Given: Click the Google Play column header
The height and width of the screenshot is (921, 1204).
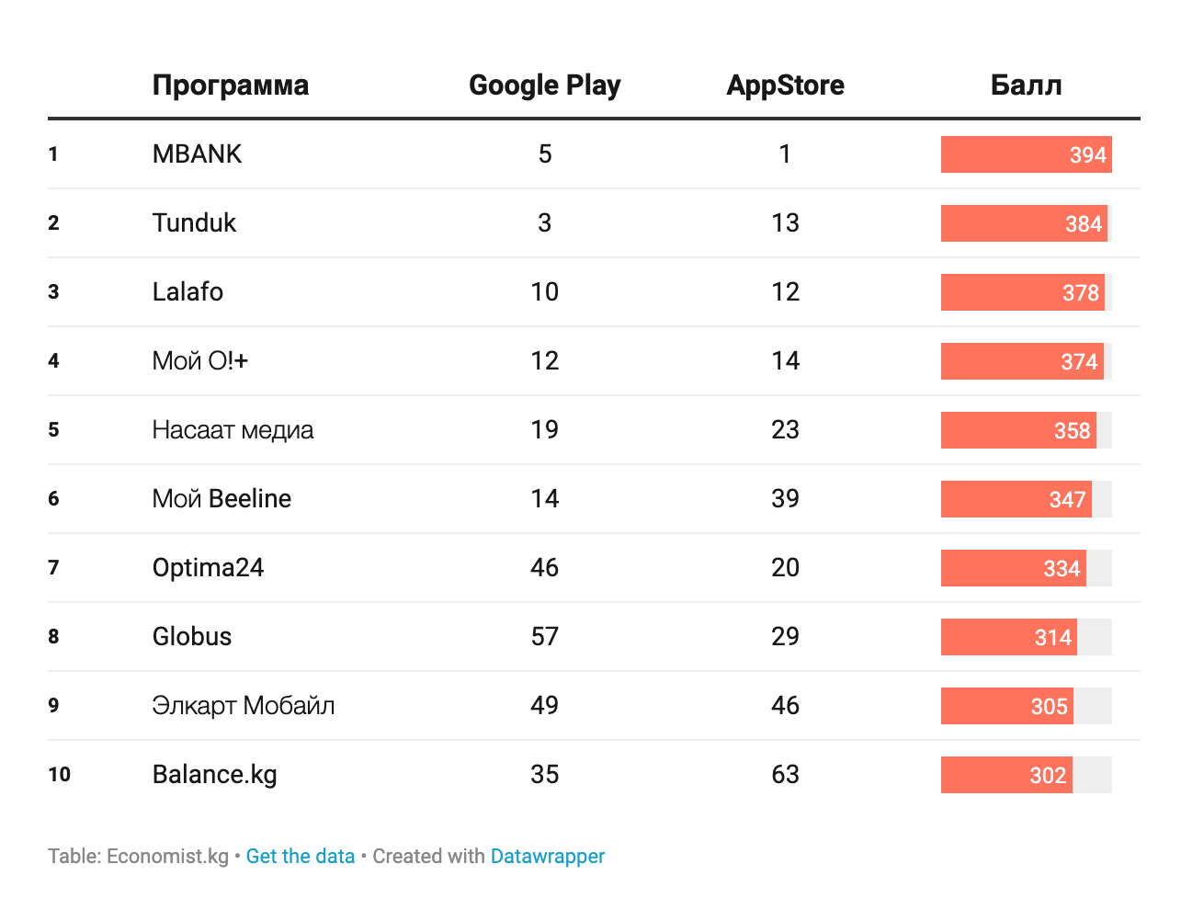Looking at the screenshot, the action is coord(544,85).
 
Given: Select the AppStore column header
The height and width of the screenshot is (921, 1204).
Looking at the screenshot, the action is coord(785,85).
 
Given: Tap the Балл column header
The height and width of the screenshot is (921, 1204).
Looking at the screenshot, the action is coord(1026,85).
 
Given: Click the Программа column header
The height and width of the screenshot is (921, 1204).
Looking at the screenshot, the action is coord(231,86).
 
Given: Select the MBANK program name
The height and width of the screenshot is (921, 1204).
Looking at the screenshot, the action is coord(197,154).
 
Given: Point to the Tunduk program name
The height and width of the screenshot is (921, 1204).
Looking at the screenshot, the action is coord(194,223).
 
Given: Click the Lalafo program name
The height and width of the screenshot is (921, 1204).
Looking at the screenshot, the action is coord(187,291).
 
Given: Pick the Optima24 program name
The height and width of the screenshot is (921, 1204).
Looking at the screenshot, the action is coord(208,568).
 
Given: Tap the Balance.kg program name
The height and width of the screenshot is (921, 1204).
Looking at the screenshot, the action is coord(214,775).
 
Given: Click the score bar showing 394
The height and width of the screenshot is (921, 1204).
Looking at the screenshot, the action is coord(1026,154).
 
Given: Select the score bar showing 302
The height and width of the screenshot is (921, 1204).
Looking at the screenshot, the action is coord(1006,775).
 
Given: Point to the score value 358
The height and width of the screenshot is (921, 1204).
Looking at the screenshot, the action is coord(1072,430).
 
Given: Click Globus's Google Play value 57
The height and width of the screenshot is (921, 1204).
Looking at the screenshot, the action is coord(544,637).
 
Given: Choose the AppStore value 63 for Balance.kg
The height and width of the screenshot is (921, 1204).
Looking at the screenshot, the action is coord(785,775).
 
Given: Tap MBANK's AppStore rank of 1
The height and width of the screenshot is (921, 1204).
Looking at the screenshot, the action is coord(785,154).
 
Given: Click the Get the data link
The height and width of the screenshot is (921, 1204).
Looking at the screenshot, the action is coord(300,857).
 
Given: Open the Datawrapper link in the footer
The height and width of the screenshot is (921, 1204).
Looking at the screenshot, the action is coord(548,857).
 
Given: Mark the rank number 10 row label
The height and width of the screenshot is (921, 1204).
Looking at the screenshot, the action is coord(59,775).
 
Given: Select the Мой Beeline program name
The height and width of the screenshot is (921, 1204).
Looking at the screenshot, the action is coord(221,499).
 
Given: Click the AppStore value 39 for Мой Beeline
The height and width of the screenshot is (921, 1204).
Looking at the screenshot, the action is coord(785,498).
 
